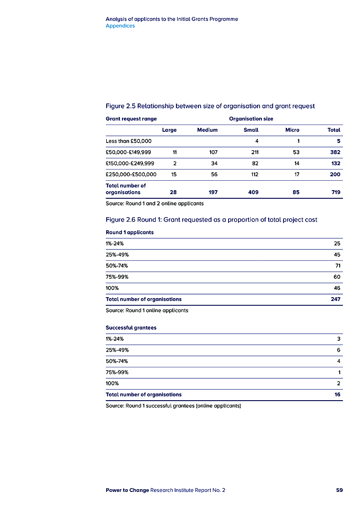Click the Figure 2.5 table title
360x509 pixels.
(210, 106)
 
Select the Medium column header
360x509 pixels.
(207, 130)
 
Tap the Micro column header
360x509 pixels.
(292, 130)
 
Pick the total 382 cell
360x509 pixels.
(335, 152)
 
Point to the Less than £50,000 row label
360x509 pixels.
(129, 141)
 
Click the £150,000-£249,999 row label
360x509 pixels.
(130, 163)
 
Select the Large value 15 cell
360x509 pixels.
(173, 174)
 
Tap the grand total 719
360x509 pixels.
(335, 192)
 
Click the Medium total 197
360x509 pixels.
(212, 192)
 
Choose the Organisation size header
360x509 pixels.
(251, 119)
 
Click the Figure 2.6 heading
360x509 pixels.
(211, 220)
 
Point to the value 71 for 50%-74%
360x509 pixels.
(337, 266)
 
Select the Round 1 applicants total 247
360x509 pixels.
(335, 299)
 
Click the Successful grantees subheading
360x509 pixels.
(131, 328)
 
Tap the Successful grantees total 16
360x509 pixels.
(337, 394)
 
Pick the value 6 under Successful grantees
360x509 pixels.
(338, 350)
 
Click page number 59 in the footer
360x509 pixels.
(339, 490)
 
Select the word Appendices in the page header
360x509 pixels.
(120, 26)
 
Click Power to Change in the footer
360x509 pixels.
(127, 490)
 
